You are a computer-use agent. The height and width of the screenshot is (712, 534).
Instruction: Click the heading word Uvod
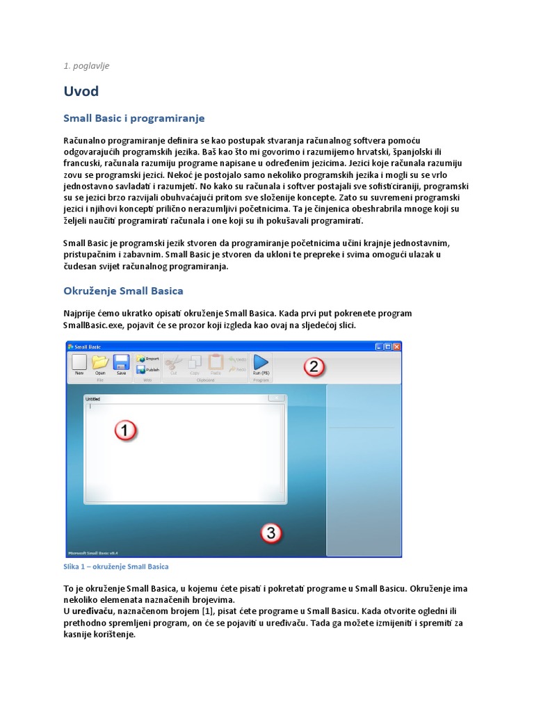(81, 91)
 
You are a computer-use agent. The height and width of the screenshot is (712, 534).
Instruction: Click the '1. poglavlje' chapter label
(86, 66)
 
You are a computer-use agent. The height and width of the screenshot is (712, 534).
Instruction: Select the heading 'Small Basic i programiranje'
(133, 118)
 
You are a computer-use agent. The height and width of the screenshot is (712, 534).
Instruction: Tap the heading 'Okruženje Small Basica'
(123, 290)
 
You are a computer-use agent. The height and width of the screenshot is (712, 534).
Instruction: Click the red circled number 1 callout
(125, 431)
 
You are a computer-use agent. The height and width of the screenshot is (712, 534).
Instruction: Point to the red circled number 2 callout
(314, 366)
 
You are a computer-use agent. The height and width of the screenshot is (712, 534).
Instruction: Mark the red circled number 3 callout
(271, 533)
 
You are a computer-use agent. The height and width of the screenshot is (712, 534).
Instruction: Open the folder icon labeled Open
(100, 362)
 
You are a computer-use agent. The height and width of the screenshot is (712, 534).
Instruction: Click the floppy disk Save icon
(121, 362)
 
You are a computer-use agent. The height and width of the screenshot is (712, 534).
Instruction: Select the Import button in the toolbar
(148, 359)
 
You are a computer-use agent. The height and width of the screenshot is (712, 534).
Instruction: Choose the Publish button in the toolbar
(148, 370)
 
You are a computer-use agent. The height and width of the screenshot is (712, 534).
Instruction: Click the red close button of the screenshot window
(397, 346)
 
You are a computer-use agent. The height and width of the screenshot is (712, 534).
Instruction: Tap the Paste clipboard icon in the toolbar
(216, 362)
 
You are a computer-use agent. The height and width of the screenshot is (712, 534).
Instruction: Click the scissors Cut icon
(175, 362)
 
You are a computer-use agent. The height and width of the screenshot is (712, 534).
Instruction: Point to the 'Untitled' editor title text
(92, 399)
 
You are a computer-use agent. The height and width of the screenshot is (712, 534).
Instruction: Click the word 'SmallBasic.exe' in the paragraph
(93, 325)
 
